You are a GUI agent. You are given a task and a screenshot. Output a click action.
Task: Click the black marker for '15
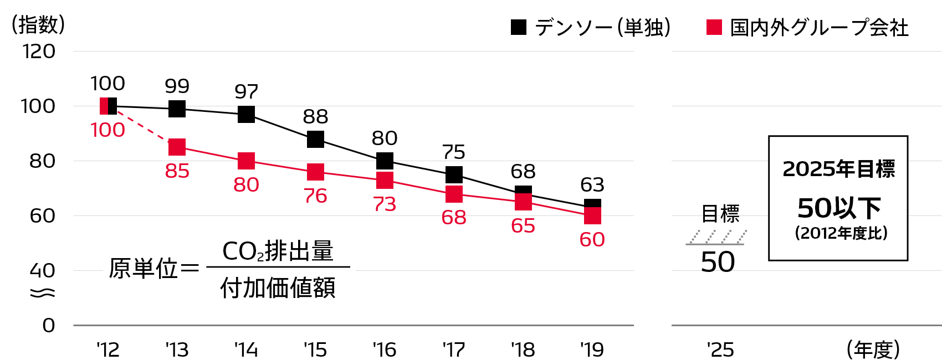click(x=315, y=139)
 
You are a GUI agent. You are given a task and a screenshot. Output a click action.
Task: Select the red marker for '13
click(x=177, y=147)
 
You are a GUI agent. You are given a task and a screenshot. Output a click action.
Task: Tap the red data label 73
click(x=385, y=204)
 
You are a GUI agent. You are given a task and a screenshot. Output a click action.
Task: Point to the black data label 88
click(x=315, y=117)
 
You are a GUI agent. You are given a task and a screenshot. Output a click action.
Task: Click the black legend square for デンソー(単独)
click(x=519, y=27)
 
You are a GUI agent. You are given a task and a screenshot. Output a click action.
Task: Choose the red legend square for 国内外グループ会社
click(x=714, y=27)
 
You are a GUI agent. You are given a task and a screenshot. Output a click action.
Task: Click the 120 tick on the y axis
click(x=39, y=52)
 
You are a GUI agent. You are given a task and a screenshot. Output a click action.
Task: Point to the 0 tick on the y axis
click(x=49, y=326)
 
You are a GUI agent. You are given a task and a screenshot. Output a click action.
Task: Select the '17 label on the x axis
click(x=453, y=350)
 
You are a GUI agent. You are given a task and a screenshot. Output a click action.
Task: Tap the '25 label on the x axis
click(x=720, y=350)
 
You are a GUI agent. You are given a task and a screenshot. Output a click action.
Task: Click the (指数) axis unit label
click(x=38, y=25)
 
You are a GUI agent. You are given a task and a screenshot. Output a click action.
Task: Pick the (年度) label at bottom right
click(x=873, y=350)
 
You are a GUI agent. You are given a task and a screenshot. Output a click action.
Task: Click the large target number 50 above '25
click(x=718, y=262)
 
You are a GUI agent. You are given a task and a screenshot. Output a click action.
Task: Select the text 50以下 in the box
click(x=839, y=208)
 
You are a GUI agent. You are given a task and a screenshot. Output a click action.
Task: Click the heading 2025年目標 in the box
click(x=838, y=169)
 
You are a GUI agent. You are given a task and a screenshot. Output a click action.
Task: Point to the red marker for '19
click(x=592, y=215)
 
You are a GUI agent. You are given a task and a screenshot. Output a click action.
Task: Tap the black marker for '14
click(x=246, y=115)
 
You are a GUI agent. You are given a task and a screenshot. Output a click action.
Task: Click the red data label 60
click(x=592, y=240)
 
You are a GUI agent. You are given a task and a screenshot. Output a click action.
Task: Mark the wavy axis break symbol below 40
click(x=42, y=292)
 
